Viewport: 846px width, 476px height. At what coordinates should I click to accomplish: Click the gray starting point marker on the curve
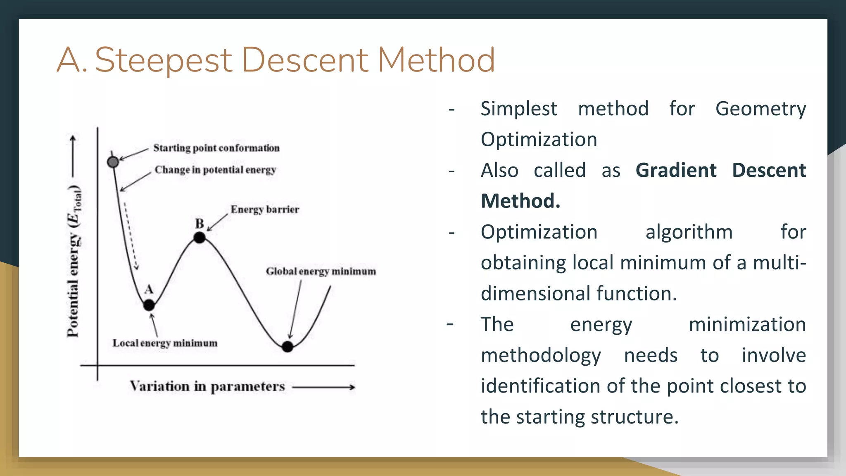tap(113, 162)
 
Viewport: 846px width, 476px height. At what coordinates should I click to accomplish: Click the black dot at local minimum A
tap(149, 305)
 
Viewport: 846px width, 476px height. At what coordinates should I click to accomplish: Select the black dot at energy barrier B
tap(200, 238)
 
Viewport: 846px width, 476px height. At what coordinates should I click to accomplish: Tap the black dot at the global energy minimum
tap(288, 347)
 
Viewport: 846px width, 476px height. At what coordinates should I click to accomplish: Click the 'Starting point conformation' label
tap(216, 148)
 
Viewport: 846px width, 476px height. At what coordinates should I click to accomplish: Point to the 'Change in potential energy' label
tap(215, 170)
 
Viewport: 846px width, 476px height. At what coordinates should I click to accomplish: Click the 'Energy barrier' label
tap(265, 209)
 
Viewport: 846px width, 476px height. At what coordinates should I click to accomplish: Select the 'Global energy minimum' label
tap(321, 271)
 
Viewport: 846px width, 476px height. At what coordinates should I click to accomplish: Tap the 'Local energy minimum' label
tap(165, 343)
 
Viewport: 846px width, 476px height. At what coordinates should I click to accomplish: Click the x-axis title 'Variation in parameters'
tap(207, 387)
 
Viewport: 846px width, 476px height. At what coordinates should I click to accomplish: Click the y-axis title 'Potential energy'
tap(74, 264)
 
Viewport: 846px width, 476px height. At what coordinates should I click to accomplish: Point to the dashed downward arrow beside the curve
tap(131, 236)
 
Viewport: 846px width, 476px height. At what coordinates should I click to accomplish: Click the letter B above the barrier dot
tap(200, 224)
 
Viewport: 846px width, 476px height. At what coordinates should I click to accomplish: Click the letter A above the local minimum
tap(149, 289)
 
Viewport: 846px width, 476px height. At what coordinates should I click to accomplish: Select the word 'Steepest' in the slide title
tap(164, 60)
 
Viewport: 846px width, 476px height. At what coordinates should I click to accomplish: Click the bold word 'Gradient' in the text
tap(676, 171)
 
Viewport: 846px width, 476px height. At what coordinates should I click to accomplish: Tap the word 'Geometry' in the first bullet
tap(760, 109)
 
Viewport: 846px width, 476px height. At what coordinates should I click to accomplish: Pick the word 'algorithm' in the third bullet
tap(689, 232)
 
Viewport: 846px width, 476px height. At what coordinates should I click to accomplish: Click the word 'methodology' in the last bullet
tap(541, 356)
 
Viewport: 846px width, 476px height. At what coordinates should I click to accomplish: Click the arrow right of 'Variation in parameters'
tap(324, 387)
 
